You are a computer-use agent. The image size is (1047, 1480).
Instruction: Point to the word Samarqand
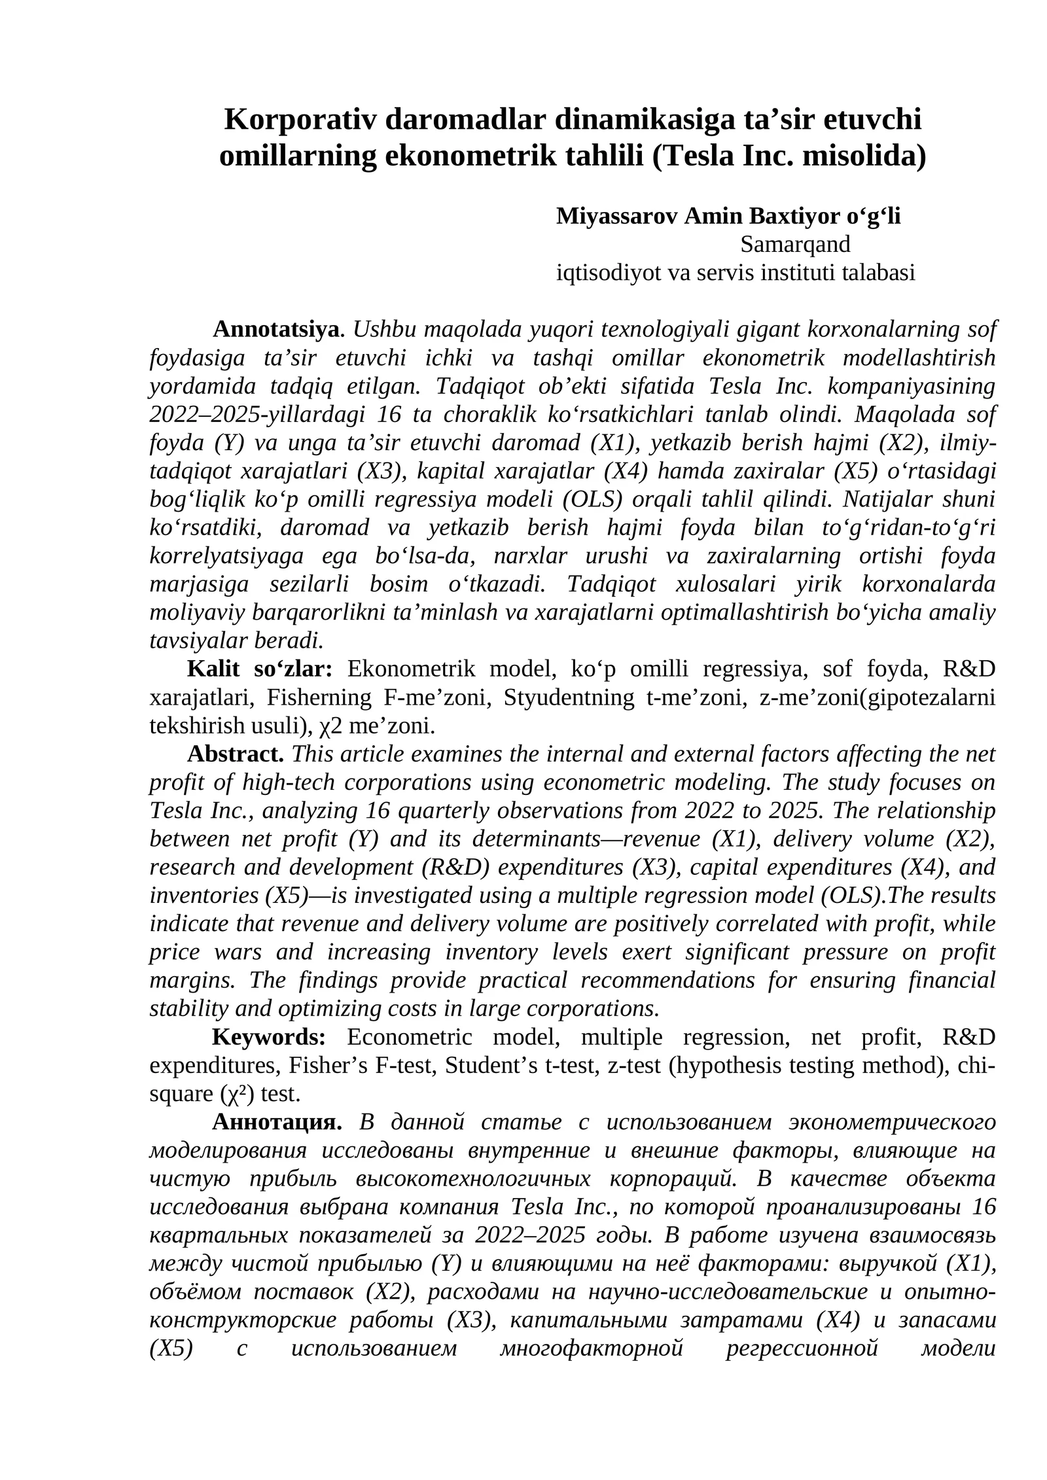pyautogui.click(x=794, y=244)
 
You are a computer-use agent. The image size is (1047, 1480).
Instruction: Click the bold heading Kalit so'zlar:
pyautogui.click(x=260, y=669)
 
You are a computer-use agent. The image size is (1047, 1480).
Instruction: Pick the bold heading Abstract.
pyautogui.click(x=235, y=754)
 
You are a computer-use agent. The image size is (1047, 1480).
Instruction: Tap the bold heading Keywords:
pyautogui.click(x=268, y=1037)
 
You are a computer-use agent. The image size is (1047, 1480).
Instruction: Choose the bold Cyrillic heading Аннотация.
pyautogui.click(x=276, y=1122)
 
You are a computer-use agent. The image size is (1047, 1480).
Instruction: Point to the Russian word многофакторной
pyautogui.click(x=591, y=1348)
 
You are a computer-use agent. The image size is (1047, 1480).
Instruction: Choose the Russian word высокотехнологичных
pyautogui.click(x=472, y=1178)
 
